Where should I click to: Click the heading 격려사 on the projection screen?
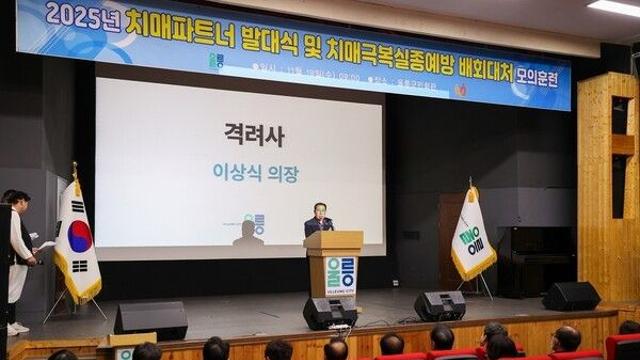pyautogui.click(x=254, y=133)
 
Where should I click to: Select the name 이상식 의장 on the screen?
pyautogui.click(x=255, y=173)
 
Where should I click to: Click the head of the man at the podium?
pyautogui.click(x=320, y=210)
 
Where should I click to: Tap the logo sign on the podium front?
pyautogui.click(x=340, y=275)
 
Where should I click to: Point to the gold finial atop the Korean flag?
pyautogui.click(x=75, y=169)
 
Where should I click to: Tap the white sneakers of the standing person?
pyautogui.click(x=17, y=328)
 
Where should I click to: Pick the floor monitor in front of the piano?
pyautogui.click(x=571, y=296)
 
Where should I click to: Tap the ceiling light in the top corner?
pyautogui.click(x=614, y=7)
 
